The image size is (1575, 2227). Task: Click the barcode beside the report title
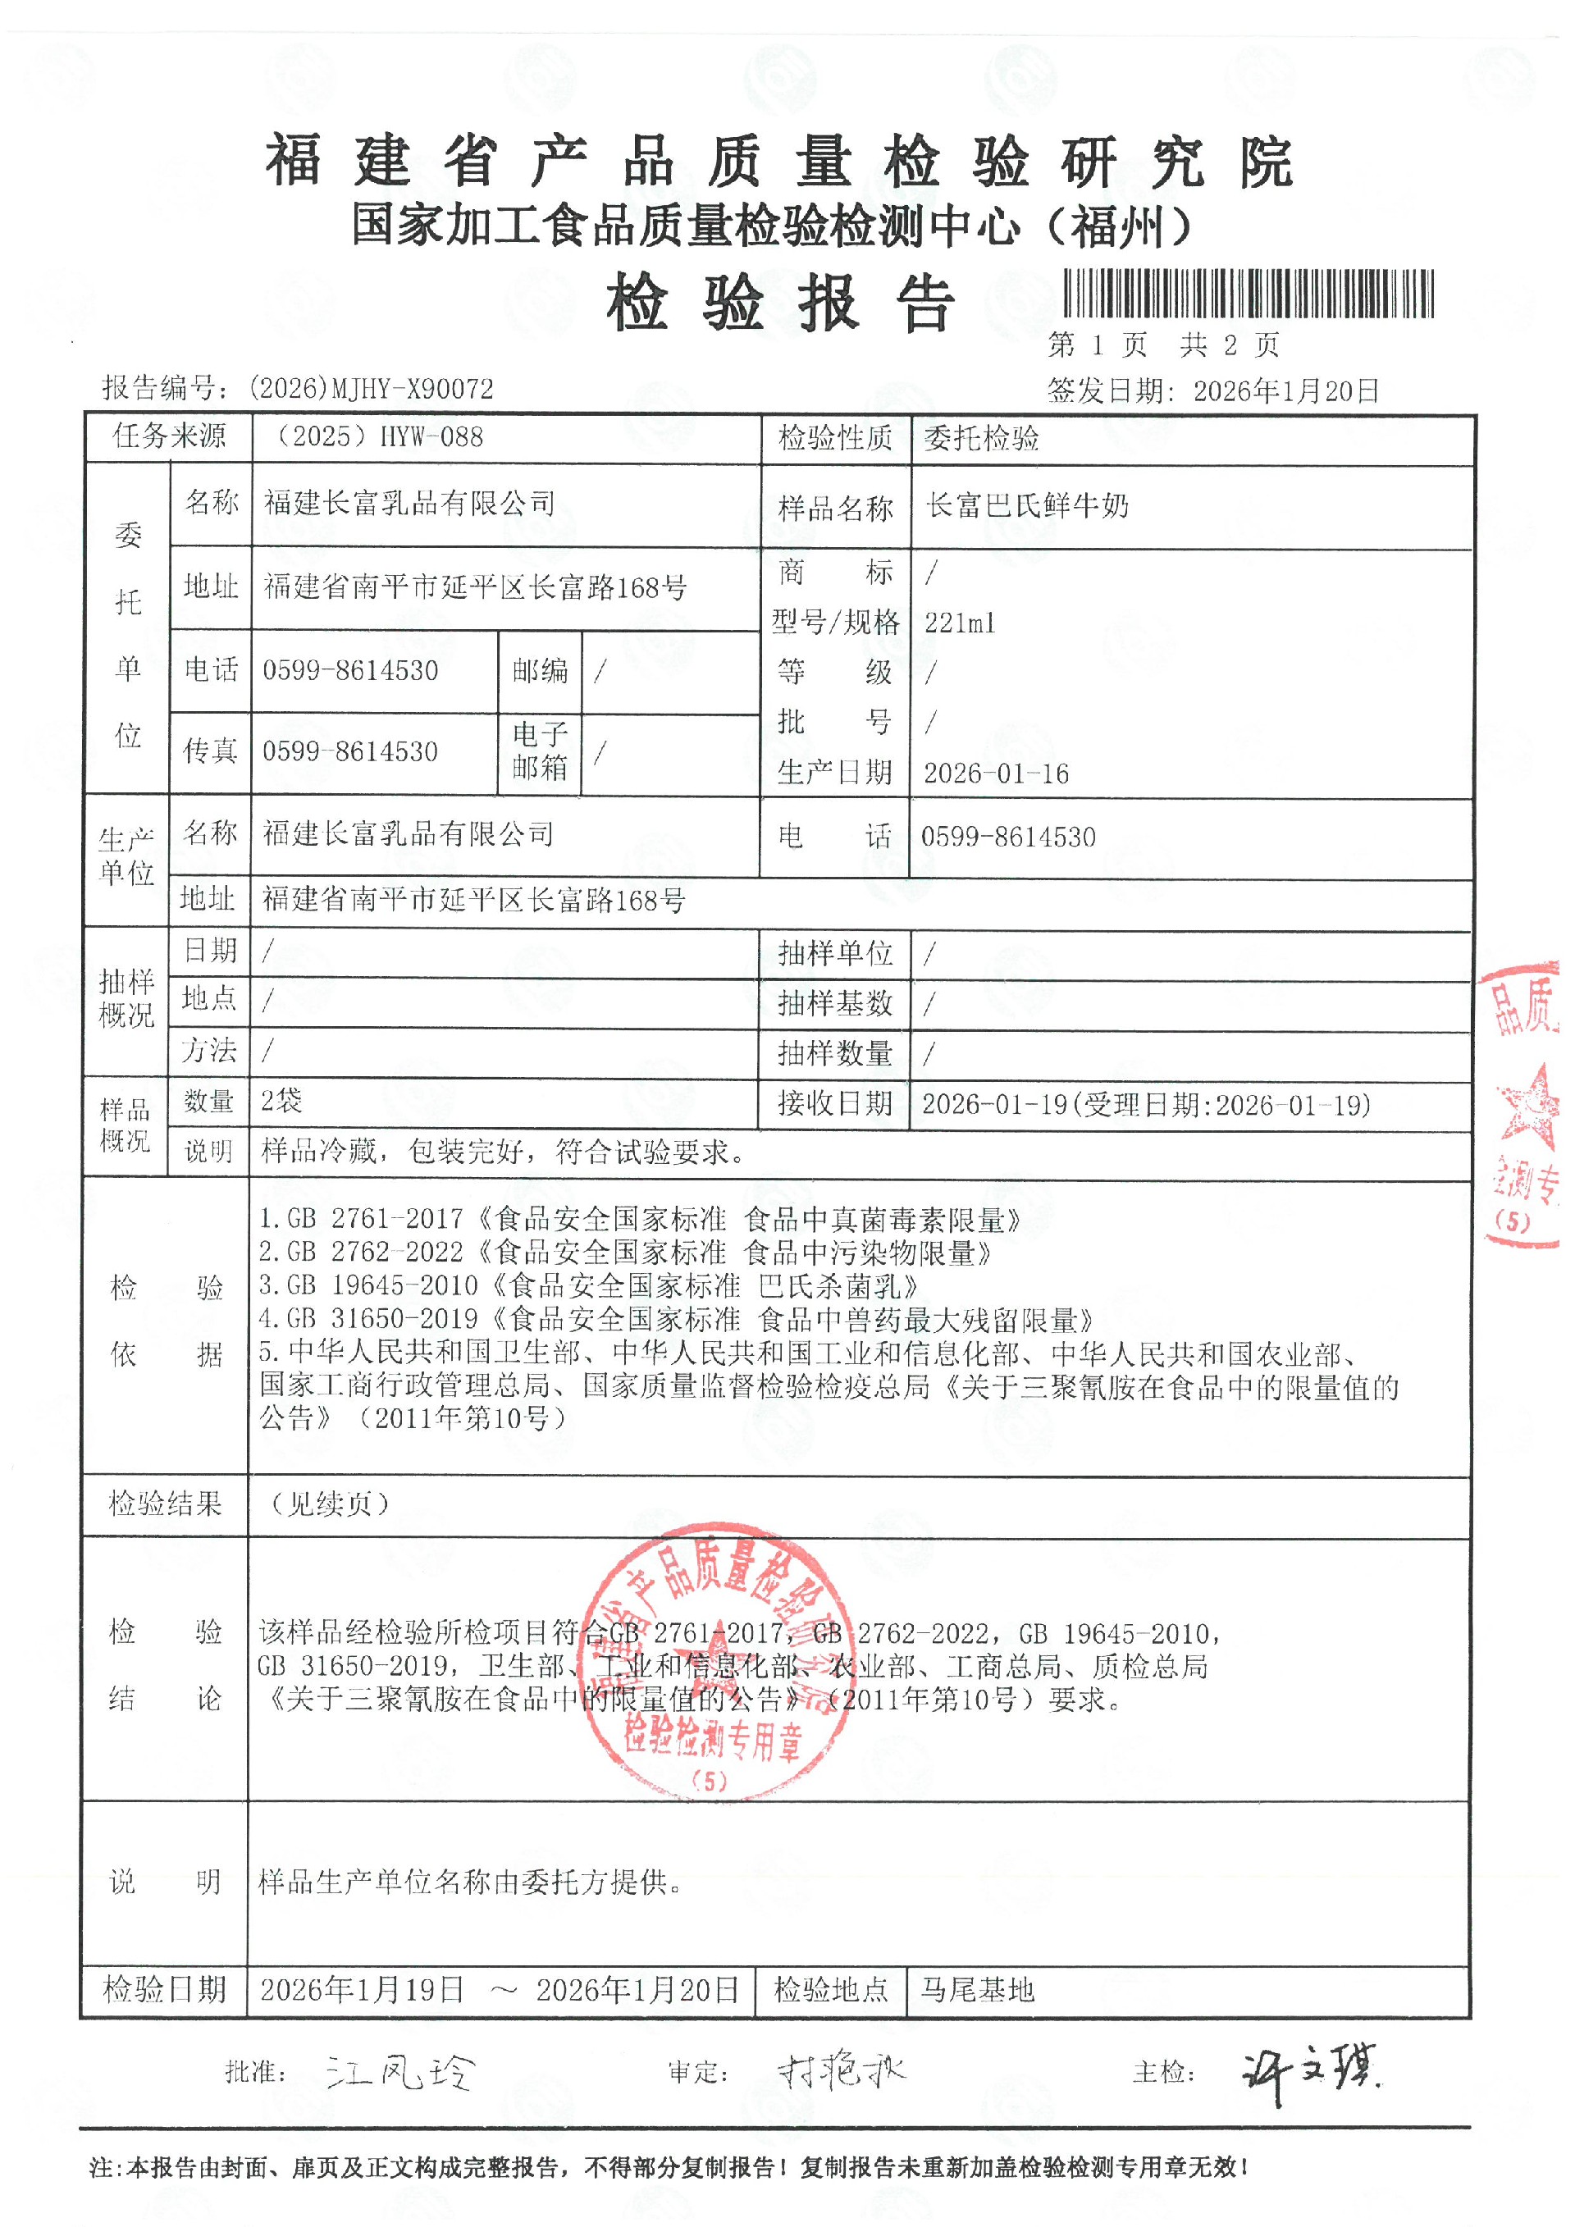(1249, 294)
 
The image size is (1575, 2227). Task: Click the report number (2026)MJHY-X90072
(371, 389)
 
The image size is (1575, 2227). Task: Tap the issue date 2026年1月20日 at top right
(1286, 391)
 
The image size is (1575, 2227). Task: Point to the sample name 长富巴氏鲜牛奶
(1027, 505)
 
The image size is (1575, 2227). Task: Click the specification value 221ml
(959, 623)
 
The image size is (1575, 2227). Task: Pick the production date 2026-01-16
(996, 773)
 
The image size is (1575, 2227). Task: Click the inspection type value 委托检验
(981, 438)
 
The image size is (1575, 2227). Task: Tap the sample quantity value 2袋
(281, 1100)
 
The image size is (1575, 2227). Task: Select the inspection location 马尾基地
(977, 1990)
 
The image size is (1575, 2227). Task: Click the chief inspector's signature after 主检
(1309, 2073)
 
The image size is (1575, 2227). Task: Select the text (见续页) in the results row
(330, 1504)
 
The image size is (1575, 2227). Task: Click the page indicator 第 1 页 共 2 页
(1164, 345)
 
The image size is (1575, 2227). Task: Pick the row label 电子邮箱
(541, 751)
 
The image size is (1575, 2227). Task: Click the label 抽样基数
(834, 1003)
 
